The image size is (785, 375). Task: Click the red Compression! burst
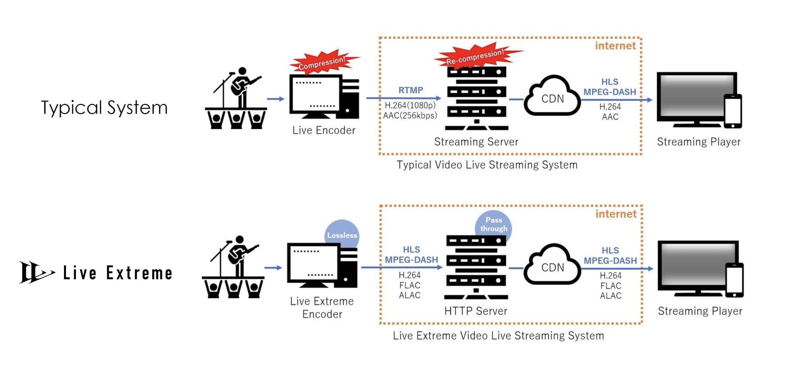click(323, 62)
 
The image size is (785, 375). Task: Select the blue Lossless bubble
click(342, 234)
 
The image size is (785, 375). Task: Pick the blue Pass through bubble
click(493, 225)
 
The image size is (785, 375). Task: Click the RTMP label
click(411, 90)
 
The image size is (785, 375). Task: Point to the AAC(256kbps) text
click(410, 116)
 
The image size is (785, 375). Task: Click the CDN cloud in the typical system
click(553, 98)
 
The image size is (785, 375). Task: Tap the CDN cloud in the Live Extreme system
click(553, 266)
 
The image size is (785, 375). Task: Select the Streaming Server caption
click(476, 142)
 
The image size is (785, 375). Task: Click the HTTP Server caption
click(475, 311)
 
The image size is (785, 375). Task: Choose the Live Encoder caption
click(324, 130)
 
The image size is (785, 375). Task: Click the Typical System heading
click(104, 108)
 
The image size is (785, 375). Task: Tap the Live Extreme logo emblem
click(35, 272)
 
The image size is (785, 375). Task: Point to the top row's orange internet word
click(615, 46)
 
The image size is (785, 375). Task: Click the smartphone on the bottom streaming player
click(734, 280)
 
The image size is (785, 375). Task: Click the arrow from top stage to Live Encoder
click(275, 99)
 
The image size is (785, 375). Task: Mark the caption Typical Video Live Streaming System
click(487, 165)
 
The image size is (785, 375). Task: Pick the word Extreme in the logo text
click(139, 273)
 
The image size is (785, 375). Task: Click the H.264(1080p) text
click(410, 106)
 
